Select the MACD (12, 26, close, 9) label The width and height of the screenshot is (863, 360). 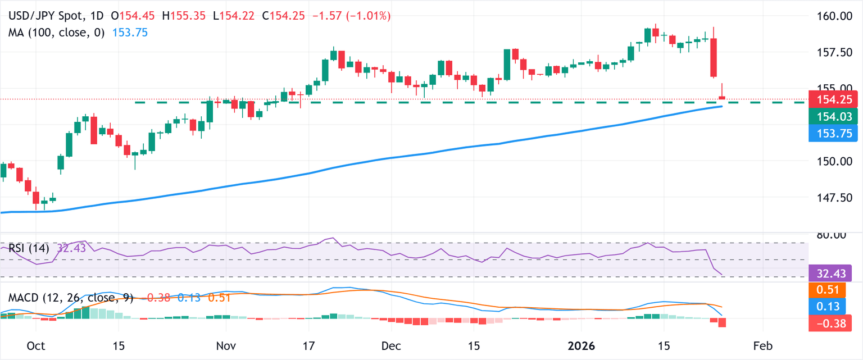pyautogui.click(x=70, y=298)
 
